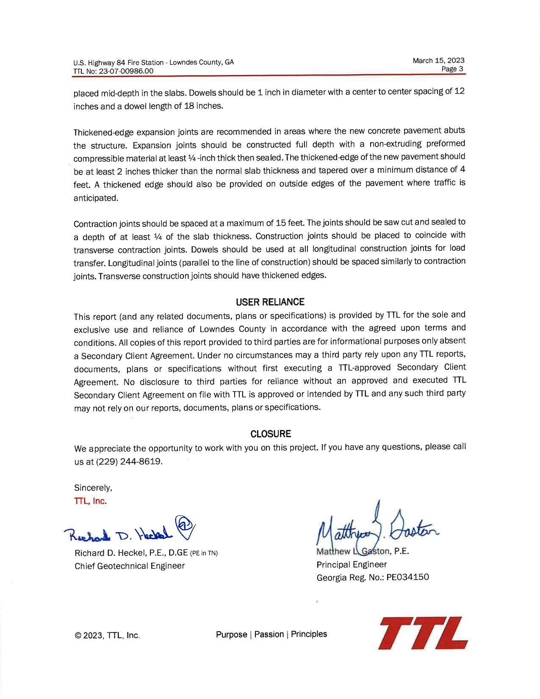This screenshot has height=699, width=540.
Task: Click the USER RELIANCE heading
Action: tap(270, 302)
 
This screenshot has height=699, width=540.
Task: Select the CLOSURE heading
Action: tap(271, 434)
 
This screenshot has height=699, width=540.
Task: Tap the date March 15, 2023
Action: tap(438, 61)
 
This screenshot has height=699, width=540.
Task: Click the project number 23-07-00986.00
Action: tap(126, 71)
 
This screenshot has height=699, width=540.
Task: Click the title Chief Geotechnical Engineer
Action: tap(130, 566)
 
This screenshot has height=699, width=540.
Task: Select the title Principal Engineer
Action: tap(352, 564)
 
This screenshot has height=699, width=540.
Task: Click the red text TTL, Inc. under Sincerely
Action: tap(90, 501)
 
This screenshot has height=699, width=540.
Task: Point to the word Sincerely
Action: tap(93, 488)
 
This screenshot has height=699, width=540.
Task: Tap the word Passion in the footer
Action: tap(269, 634)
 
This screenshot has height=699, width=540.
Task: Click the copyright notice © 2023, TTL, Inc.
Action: tap(107, 635)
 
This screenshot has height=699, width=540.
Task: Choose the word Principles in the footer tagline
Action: tap(309, 634)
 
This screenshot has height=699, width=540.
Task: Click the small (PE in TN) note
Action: tap(204, 553)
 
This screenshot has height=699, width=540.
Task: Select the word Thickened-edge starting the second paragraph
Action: tap(100, 132)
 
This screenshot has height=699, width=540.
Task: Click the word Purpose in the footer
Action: tap(231, 634)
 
